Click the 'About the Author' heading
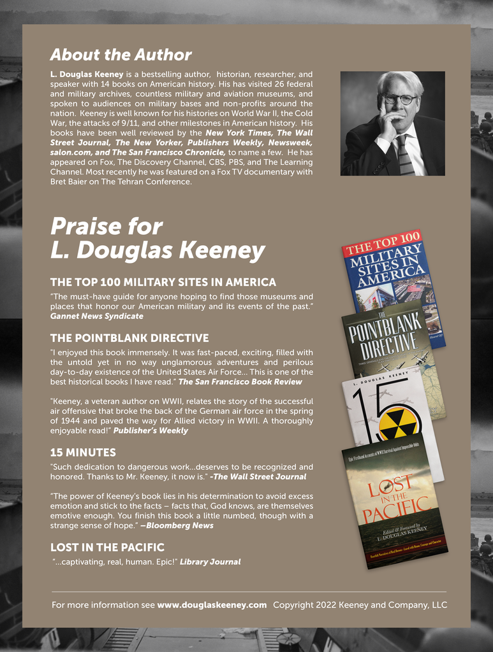coord(121,55)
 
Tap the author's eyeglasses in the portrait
coord(399,99)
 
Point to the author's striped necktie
coord(404,155)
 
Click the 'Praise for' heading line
coord(107,227)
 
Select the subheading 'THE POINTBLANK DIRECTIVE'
coord(129,338)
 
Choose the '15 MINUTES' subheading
coord(83,453)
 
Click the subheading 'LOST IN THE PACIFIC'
coord(107,548)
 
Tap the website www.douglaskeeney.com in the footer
coord(212,605)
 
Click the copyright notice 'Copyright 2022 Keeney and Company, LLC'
coord(360,605)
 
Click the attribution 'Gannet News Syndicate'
coord(97,316)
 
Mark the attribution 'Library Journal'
coord(210,562)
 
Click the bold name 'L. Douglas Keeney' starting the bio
coord(87,74)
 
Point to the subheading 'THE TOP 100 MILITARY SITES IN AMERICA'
coord(163,282)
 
